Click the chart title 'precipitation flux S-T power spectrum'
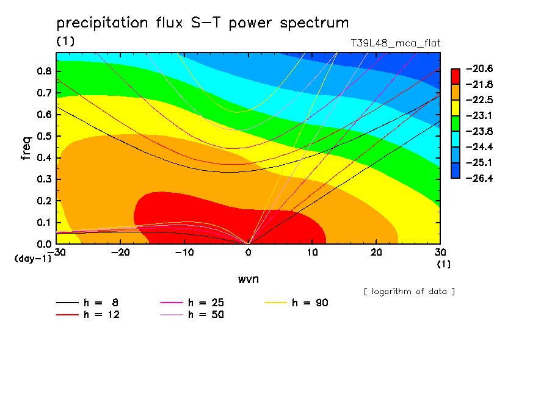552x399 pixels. [203, 23]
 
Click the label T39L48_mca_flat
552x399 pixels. [395, 43]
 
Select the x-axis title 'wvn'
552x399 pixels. [247, 279]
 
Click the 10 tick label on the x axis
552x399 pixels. [313, 253]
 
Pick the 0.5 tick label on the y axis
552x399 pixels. [43, 136]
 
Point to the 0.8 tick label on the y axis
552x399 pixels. [43, 71]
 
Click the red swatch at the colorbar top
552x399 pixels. [456, 76]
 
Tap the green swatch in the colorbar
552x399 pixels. [456, 123]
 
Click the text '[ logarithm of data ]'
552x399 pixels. [409, 291]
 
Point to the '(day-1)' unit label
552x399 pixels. [33, 259]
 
